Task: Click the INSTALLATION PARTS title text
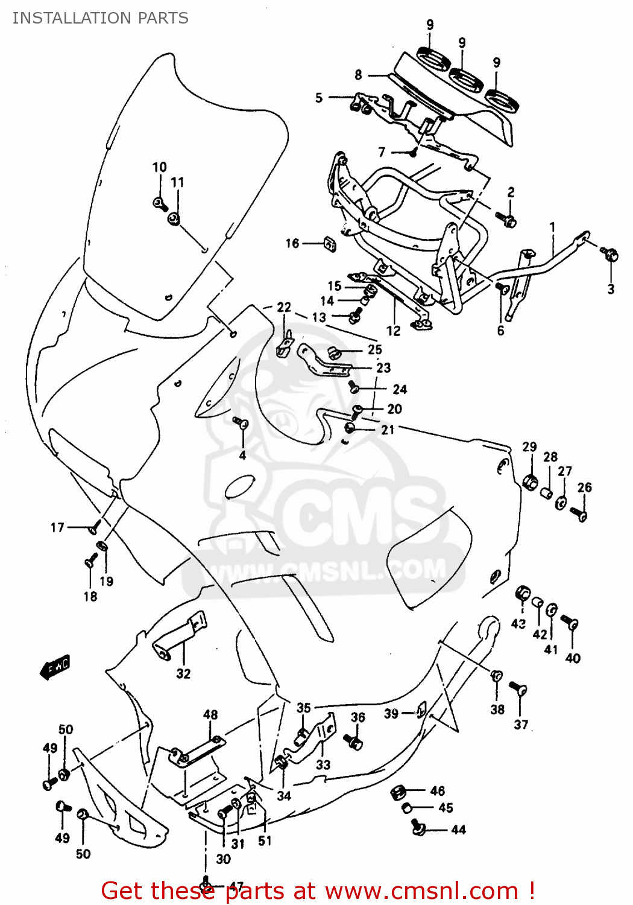click(x=100, y=18)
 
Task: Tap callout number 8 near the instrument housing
click(x=358, y=75)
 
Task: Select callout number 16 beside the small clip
click(x=292, y=243)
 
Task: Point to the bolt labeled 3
click(x=611, y=255)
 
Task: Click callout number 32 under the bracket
click(x=183, y=673)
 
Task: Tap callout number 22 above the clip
click(x=284, y=307)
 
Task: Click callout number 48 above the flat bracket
click(x=210, y=715)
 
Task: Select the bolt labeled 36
click(x=354, y=741)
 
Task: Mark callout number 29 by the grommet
click(x=529, y=446)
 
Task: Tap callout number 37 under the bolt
click(x=521, y=724)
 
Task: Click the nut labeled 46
click(x=398, y=792)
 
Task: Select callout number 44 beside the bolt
click(x=458, y=830)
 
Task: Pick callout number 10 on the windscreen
click(x=159, y=167)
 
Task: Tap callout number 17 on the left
click(x=57, y=528)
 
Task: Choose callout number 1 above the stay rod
click(x=552, y=227)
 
